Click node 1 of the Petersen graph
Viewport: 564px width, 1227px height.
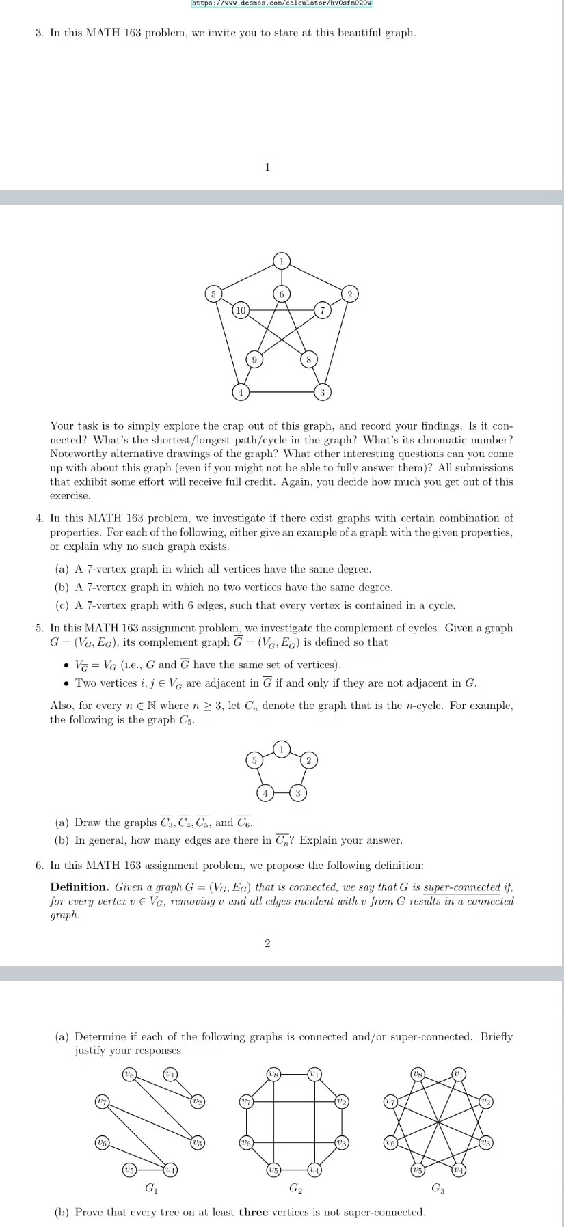click(x=281, y=260)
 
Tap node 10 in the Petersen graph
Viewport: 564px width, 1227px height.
click(x=240, y=310)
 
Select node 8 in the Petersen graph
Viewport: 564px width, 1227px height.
click(x=308, y=359)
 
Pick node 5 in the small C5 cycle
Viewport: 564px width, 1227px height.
click(x=254, y=760)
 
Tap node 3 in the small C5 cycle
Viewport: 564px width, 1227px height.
click(x=297, y=792)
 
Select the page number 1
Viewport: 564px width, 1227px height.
click(x=267, y=167)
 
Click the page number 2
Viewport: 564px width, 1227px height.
click(x=267, y=943)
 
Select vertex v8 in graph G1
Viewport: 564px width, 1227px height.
click(x=129, y=1075)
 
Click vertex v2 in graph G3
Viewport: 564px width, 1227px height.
click(x=486, y=1101)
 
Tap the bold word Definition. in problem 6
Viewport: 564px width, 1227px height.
click(x=79, y=887)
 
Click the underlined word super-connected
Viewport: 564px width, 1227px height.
click(x=462, y=887)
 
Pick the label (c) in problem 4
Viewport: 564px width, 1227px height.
click(x=63, y=605)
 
